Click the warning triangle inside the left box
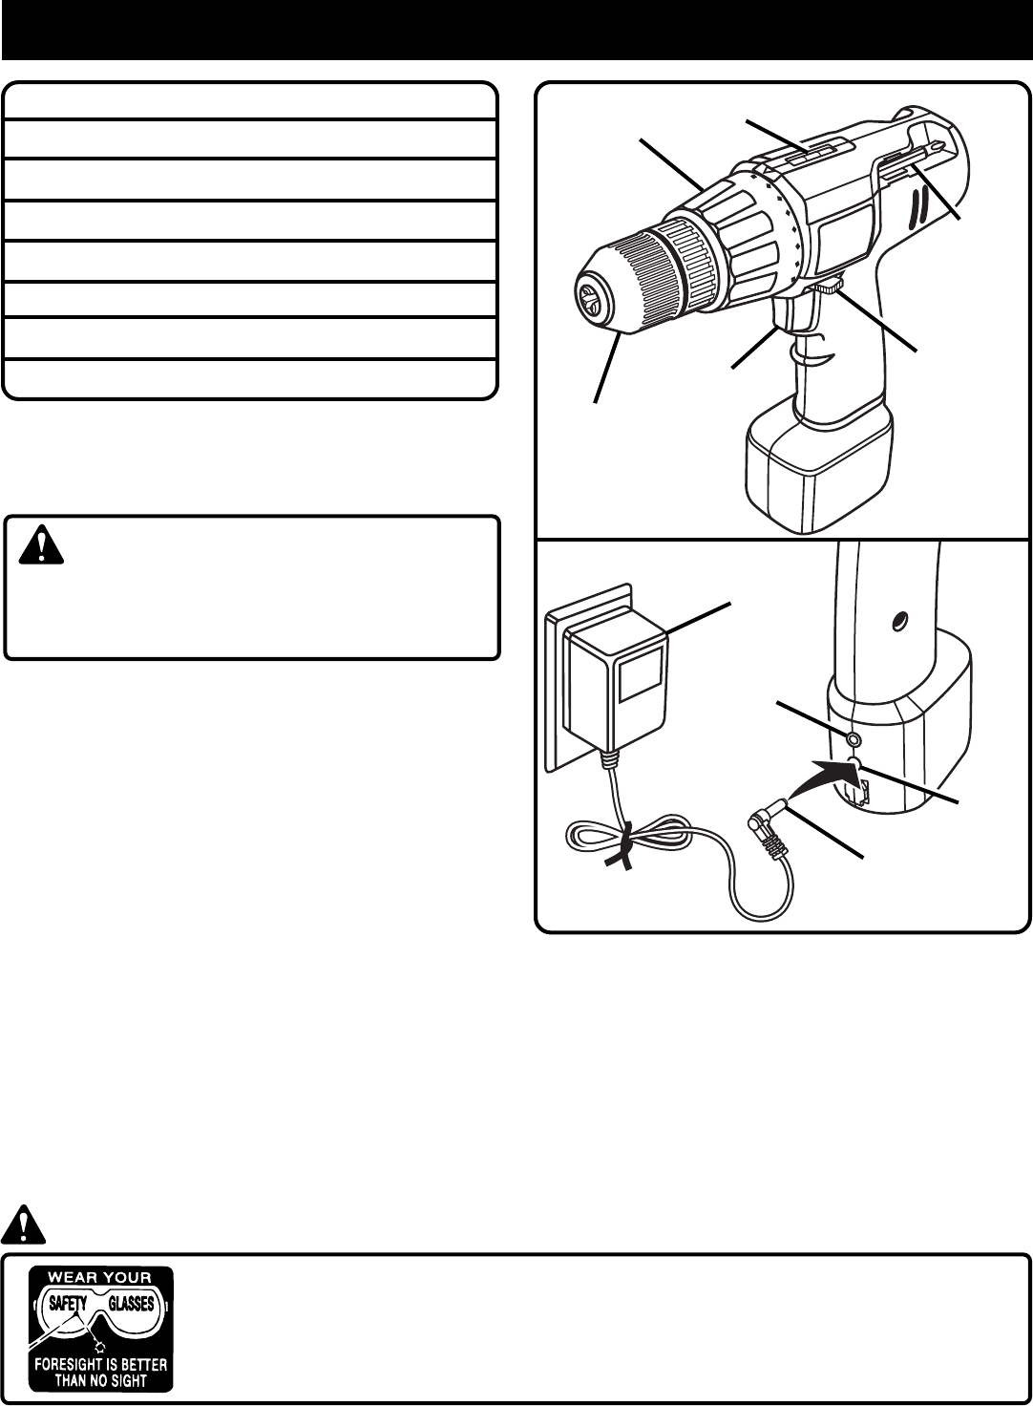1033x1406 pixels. pos(39,544)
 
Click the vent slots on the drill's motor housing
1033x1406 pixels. pos(921,208)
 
